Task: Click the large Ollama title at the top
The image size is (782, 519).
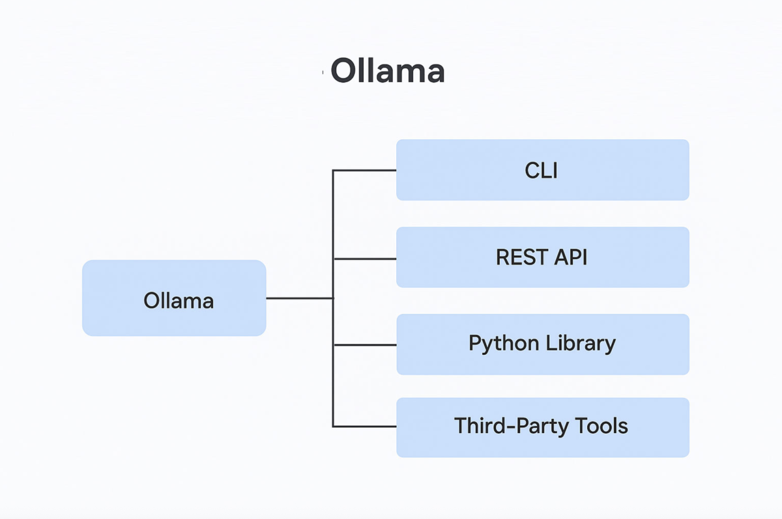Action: tap(388, 70)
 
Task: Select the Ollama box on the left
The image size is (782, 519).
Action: tap(174, 298)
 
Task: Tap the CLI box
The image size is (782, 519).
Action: tap(542, 170)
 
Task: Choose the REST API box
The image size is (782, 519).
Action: tap(542, 257)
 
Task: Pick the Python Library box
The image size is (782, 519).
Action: tap(542, 344)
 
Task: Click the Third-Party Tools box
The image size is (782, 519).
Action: tap(542, 427)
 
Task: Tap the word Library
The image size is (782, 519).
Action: tap(581, 344)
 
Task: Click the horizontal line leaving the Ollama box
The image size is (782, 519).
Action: tap(300, 298)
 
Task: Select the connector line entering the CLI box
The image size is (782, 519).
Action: tap(365, 170)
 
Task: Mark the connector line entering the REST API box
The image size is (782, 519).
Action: tap(365, 259)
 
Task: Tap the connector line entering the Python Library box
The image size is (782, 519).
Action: tap(365, 345)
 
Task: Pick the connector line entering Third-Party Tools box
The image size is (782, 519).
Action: tap(365, 427)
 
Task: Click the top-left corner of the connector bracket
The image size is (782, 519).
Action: tap(333, 170)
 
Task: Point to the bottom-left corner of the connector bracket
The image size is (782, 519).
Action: tap(333, 427)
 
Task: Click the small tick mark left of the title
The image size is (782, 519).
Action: tap(323, 72)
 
